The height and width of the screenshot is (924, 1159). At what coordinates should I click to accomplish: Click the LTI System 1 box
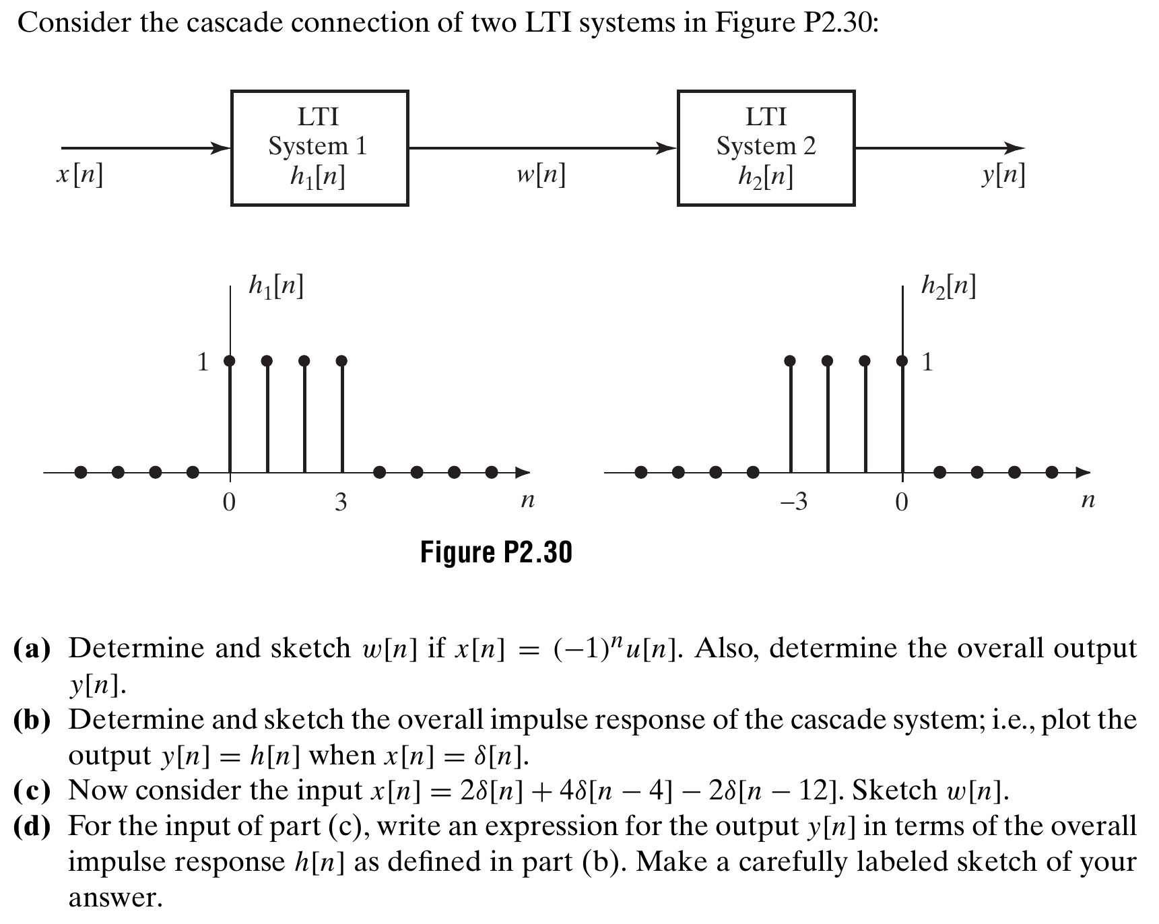319,147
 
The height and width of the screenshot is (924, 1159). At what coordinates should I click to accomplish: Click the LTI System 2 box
766,147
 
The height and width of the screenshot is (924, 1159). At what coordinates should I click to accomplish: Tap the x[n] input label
79,176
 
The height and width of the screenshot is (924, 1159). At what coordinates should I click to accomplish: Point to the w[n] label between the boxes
541,176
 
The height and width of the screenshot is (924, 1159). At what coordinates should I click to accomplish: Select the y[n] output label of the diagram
1003,176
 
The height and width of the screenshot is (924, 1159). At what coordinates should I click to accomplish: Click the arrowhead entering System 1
222,148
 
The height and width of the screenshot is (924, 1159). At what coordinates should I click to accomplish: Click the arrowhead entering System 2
668,148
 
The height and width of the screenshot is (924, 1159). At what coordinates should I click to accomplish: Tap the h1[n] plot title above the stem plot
276,287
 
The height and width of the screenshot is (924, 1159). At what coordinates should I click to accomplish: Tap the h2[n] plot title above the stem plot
948,287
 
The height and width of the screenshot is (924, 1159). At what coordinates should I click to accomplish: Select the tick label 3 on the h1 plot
341,502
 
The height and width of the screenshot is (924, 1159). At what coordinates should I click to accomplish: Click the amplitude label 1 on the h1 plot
203,362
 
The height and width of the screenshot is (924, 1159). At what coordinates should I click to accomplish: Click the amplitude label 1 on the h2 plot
927,362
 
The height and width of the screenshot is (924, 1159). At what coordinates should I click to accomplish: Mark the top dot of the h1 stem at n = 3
341,361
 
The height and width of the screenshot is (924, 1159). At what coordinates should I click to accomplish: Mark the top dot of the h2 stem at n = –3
790,361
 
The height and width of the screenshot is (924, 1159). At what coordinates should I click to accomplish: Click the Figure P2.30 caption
496,552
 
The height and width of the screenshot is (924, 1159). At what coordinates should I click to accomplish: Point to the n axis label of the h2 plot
1088,500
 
